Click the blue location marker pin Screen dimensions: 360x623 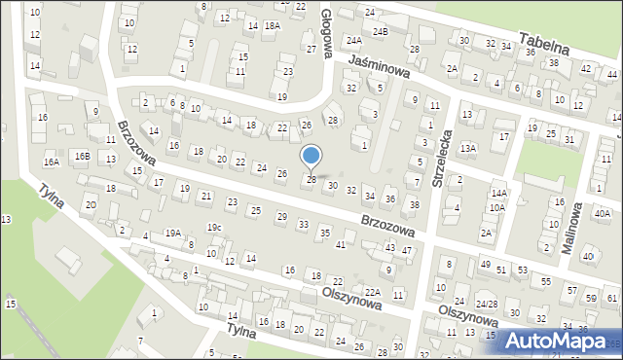pos(311,156)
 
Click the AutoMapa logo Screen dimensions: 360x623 pos(562,341)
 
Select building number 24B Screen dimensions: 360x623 pos(382,31)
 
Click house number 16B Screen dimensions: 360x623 pos(83,156)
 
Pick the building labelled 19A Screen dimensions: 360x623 pos(172,233)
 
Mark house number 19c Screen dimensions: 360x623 pos(214,228)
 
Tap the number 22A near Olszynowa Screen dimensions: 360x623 pos(372,291)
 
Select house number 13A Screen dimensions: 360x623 pos(468,147)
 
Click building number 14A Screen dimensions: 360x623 pos(499,194)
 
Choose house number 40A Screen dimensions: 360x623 pos(603,213)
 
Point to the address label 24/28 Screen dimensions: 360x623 pos(514,304)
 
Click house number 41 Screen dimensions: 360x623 pos(341,243)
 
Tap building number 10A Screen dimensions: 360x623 pos(496,207)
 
